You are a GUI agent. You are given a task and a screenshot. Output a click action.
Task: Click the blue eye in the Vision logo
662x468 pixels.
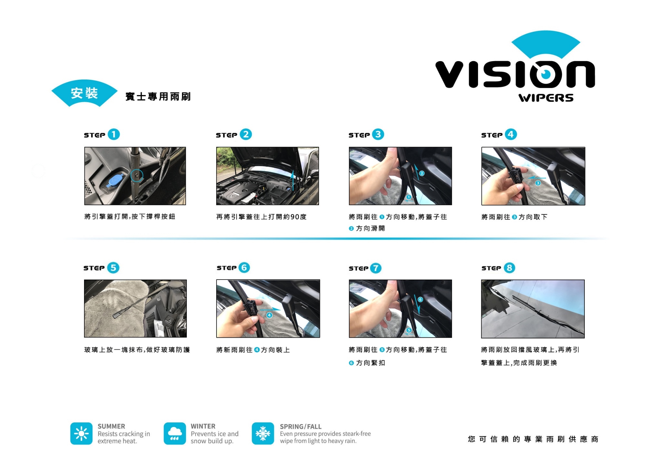coord(546,74)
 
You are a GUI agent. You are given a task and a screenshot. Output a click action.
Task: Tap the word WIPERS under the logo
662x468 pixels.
coord(546,98)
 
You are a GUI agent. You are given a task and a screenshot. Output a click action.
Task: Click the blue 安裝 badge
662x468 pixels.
coord(84,93)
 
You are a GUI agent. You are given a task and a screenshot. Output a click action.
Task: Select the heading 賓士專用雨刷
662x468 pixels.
coord(158,97)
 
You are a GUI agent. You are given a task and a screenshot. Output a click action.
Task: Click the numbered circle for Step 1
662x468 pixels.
coord(114,134)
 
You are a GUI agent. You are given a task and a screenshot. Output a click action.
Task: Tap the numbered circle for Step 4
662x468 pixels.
coord(511,134)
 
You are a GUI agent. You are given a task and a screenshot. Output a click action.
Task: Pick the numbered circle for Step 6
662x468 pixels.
coord(244,268)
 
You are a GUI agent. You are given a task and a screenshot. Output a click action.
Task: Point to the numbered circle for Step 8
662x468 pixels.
coord(509,268)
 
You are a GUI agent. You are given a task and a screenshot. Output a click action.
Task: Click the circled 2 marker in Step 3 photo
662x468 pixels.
coord(422,173)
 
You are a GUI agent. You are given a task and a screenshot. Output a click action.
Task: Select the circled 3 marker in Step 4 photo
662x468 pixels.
coord(538,183)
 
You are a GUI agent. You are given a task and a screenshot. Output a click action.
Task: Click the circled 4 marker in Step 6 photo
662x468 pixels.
coord(269,315)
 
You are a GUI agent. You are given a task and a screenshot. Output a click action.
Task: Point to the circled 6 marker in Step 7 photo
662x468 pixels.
coord(420,300)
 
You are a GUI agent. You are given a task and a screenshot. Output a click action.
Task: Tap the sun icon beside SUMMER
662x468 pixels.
coord(81,433)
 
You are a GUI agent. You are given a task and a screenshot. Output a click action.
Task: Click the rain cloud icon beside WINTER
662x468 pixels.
coord(175,433)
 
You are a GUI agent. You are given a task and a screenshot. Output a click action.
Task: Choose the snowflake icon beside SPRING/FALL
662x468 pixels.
coord(263,433)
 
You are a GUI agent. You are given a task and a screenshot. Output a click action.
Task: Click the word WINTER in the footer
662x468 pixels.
coord(203,426)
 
